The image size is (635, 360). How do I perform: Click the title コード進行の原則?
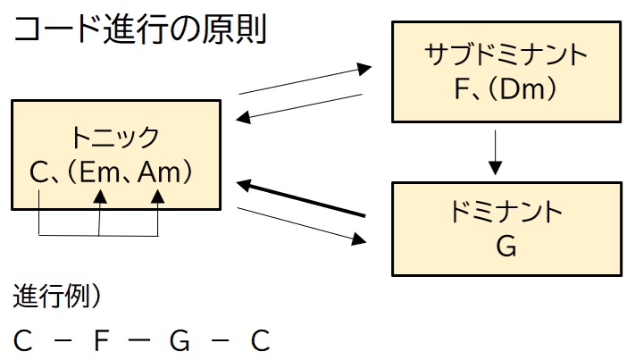coord(138,34)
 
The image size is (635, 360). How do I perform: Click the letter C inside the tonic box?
coord(38,172)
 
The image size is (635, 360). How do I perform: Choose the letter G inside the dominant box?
coord(505,246)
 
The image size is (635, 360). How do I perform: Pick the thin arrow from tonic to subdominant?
coord(304,79)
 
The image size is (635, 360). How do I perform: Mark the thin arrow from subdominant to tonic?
coord(304,105)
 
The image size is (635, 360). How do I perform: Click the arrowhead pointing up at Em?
coord(100,196)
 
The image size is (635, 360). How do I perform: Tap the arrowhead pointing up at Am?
coord(159,196)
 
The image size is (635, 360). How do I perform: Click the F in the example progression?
coord(101,340)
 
